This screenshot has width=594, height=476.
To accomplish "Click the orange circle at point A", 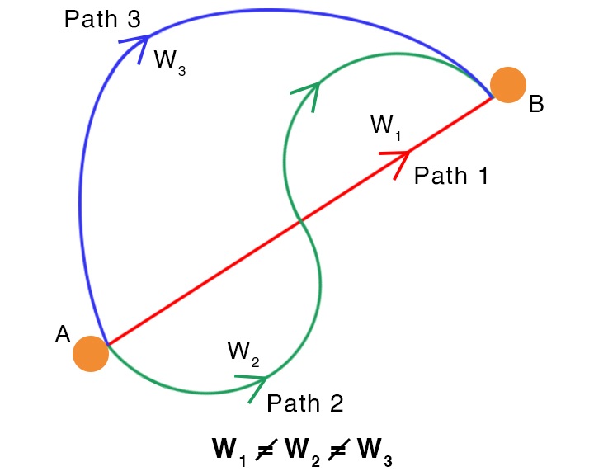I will point(91,354).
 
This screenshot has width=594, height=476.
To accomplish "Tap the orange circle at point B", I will point(508,84).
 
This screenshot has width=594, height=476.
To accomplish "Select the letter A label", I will point(63,334).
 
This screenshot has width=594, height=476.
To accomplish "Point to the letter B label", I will point(536,106).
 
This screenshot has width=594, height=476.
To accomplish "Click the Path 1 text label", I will point(451,175).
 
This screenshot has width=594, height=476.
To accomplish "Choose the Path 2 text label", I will point(304,404).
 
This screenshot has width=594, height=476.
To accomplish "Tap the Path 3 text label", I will point(104,19).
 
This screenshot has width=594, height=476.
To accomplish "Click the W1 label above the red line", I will point(385,127).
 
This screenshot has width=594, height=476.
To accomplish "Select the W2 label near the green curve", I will point(243,352).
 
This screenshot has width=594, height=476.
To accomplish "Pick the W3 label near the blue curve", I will point(169,61).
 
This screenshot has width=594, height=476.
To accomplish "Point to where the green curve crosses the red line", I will point(300,220).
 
